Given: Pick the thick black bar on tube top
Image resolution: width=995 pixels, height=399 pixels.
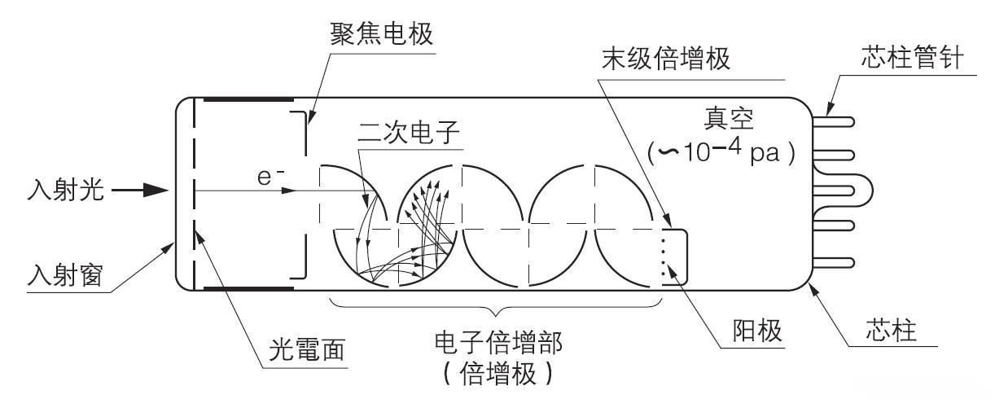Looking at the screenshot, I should click(248, 100).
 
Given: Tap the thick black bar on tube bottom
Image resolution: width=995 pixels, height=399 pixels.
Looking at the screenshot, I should click(248, 287).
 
